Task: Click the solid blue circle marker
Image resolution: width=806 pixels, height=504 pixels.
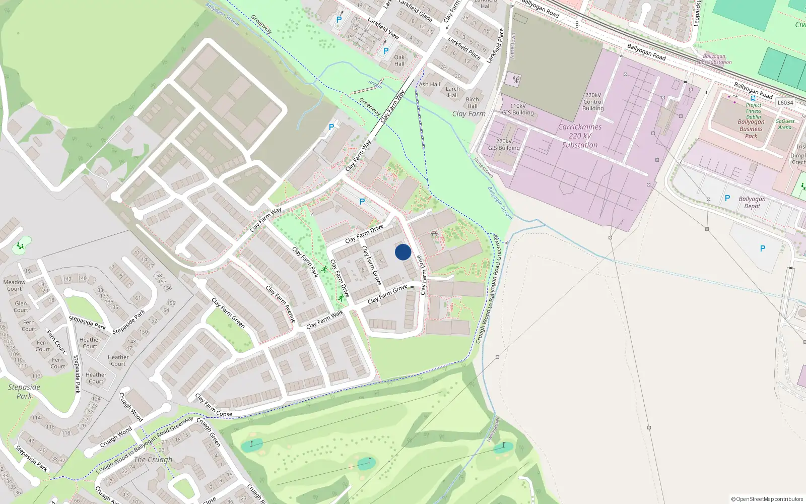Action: (403, 252)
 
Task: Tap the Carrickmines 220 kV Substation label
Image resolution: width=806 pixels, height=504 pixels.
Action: (580, 136)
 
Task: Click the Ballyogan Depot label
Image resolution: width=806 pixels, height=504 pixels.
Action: (752, 203)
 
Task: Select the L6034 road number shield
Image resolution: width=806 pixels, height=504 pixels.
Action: (785, 103)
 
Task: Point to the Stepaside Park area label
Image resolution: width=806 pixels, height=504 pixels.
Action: (24, 392)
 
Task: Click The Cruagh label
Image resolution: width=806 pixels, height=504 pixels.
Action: (153, 460)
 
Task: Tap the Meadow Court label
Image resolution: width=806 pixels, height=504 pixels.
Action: (14, 285)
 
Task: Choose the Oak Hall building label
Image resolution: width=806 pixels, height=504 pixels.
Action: (399, 60)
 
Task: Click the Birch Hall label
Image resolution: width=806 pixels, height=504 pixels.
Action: (472, 103)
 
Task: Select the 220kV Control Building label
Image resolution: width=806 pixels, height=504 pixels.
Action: (593, 102)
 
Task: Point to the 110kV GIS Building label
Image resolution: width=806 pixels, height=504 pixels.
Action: (518, 109)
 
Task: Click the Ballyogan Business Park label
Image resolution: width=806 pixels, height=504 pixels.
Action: (751, 129)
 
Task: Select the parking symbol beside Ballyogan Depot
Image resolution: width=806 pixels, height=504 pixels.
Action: (727, 199)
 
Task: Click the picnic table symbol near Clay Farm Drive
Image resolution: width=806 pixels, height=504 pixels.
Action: (434, 233)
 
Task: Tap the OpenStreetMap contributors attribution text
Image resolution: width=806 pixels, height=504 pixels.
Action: (767, 499)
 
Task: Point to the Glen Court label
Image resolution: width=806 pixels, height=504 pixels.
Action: (21, 307)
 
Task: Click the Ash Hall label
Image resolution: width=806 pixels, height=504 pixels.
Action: (429, 84)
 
